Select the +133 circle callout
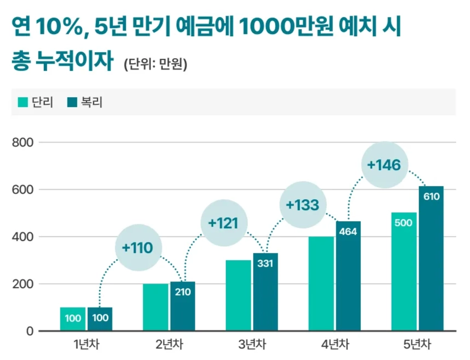302,205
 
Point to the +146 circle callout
384,164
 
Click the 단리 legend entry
37,103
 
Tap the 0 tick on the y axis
30,331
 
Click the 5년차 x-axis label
417,345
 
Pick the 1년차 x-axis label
87,345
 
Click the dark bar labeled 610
431,258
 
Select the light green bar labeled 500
404,272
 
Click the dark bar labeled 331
265,291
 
